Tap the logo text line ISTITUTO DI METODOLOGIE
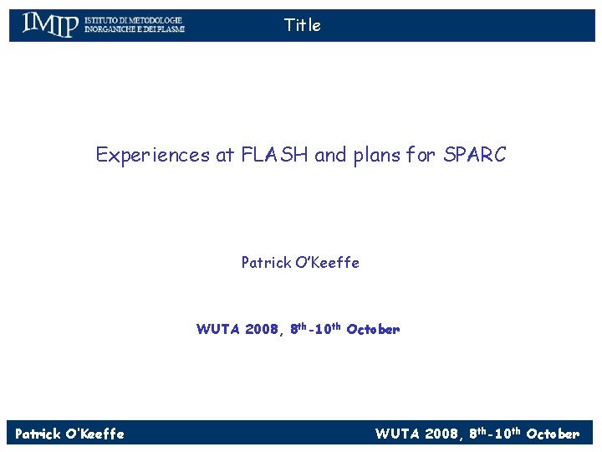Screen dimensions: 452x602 [133, 19]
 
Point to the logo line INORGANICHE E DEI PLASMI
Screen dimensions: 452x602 [134, 30]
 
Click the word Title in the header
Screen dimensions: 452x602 [302, 25]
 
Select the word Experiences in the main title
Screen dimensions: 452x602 [153, 155]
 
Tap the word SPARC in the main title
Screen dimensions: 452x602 [475, 155]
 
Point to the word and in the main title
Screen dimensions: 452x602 [329, 155]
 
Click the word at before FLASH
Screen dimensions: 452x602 [225, 155]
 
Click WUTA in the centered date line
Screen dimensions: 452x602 [218, 329]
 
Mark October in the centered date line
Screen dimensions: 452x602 [373, 329]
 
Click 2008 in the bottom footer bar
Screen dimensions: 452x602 [443, 434]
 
